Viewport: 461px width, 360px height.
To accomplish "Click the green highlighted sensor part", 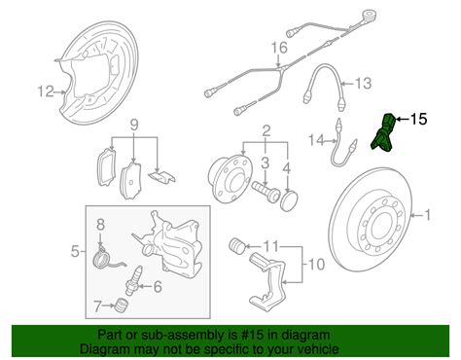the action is (382, 133).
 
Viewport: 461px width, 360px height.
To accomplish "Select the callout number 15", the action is (419, 119).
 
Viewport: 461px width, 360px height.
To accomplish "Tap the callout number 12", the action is (46, 91).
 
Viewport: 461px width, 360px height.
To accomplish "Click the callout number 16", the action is (279, 48).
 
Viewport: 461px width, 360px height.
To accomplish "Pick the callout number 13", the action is (363, 83).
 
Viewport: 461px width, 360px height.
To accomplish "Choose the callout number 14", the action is (316, 140).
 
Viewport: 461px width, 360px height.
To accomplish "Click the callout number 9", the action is (134, 125).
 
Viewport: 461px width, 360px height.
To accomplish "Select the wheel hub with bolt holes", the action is (230, 179).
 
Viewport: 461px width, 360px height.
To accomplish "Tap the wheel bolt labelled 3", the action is (266, 191).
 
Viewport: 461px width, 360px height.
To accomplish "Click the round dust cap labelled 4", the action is (289, 201).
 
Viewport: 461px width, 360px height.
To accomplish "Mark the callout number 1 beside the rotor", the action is (428, 215).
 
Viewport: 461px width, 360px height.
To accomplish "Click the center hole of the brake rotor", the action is (379, 225).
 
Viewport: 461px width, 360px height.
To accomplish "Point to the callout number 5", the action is (75, 251).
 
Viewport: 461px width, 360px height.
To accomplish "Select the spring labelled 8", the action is (105, 258).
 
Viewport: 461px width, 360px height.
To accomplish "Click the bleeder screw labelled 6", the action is (133, 280).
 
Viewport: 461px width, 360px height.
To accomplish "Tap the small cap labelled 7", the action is (122, 306).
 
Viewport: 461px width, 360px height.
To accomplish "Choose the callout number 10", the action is (316, 264).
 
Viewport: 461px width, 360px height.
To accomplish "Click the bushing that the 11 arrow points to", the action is (237, 245).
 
